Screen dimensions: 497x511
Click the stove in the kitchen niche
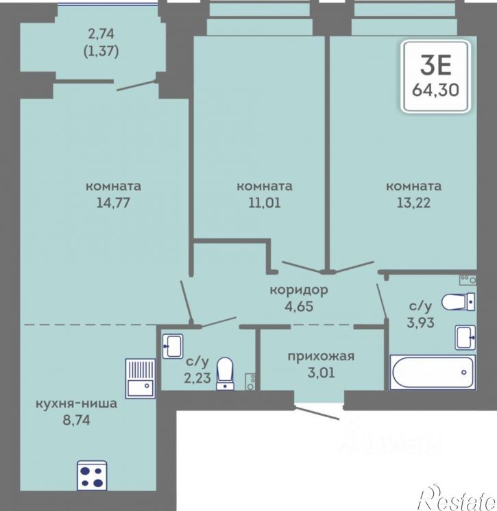point(93,475)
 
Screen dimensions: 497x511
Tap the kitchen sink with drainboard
point(141,378)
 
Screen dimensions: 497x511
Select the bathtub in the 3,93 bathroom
point(433,372)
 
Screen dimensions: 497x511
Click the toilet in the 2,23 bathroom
point(225,373)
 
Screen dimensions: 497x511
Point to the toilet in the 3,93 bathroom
point(458,302)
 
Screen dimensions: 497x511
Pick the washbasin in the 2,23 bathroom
point(173,346)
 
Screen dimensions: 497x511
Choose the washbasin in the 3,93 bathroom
point(465,338)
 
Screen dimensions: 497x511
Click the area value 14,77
point(113,203)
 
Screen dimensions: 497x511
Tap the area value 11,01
point(265,203)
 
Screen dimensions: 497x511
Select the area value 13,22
point(413,203)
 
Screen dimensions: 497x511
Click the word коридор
point(299,290)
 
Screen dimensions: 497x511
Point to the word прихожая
point(321,356)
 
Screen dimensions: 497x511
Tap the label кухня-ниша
point(76,403)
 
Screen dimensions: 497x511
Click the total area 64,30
point(435,89)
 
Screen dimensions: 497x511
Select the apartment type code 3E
point(435,64)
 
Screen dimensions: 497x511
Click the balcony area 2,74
point(101,34)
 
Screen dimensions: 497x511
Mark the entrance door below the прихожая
point(317,412)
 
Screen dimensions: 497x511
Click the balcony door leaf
point(136,85)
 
